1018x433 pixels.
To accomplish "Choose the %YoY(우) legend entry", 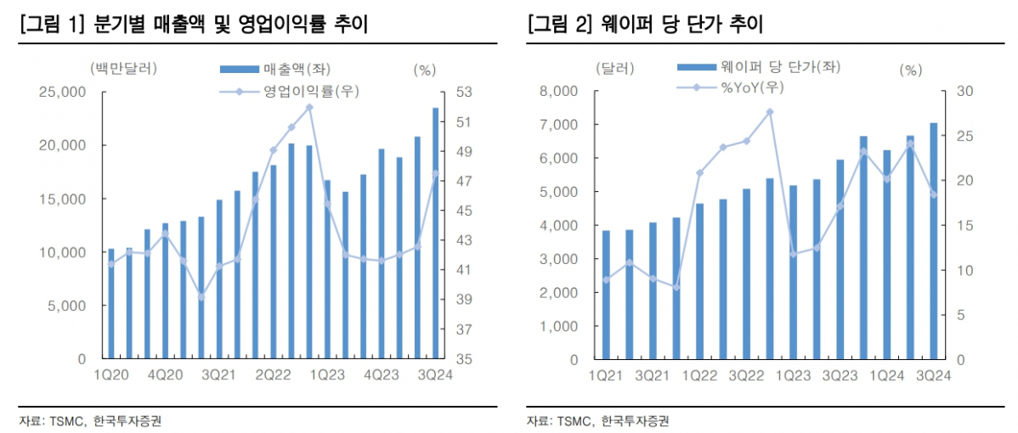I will (729, 87).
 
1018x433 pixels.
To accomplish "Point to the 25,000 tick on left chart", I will (63, 92).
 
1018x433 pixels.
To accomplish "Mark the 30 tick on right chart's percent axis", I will (960, 92).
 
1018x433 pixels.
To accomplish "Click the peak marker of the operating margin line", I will (309, 107).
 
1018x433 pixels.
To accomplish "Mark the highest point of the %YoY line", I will (770, 112).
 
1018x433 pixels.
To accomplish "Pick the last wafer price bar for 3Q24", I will (933, 241).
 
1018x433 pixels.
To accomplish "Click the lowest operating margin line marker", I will (201, 296).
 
